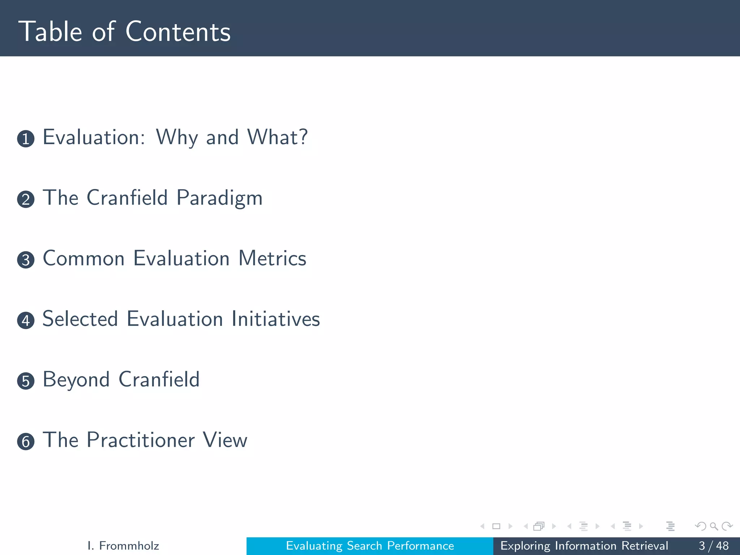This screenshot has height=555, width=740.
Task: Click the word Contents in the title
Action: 178,32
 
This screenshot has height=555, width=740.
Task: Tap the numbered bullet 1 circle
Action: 26,139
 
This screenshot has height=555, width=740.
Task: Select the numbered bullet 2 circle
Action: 26,199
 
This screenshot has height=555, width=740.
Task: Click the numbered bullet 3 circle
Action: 26,260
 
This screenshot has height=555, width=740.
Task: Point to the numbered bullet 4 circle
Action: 26,320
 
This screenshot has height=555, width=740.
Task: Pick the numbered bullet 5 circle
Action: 26,381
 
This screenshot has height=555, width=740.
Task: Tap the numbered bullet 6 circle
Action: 26,442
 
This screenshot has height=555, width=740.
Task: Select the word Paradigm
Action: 219,198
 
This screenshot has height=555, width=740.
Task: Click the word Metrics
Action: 272,259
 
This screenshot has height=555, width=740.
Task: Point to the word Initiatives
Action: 276,319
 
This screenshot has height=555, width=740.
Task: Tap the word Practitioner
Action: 141,440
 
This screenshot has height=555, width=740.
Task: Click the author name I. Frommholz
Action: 123,546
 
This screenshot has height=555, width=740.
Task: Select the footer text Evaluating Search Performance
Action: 370,546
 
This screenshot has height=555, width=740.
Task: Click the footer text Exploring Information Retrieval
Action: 584,546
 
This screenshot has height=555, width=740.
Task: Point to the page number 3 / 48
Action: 713,546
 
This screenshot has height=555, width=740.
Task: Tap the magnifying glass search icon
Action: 714,526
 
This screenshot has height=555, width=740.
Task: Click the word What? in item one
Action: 277,137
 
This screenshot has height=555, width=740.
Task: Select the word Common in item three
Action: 83,259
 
